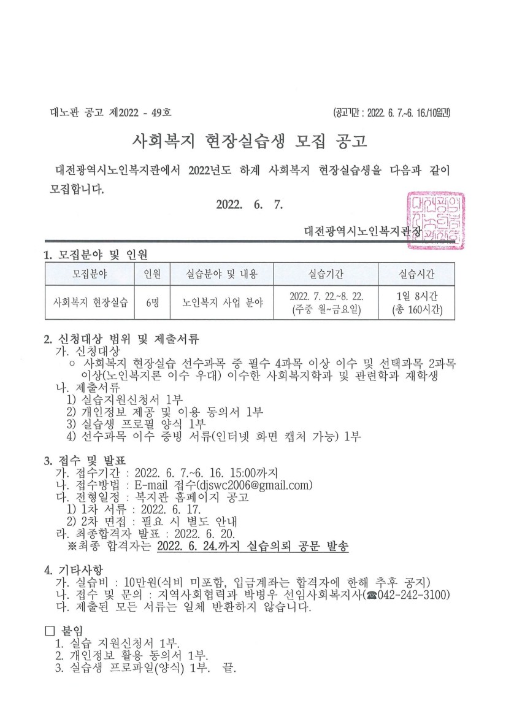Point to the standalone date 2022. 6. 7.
(x=249, y=205)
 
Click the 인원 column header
(x=152, y=273)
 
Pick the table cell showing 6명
(x=152, y=302)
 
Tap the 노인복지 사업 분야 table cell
(x=222, y=302)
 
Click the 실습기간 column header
(x=326, y=273)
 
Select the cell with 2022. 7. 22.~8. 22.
(x=326, y=296)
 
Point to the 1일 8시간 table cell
(x=417, y=296)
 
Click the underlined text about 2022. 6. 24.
(x=253, y=546)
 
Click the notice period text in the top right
(x=392, y=113)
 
